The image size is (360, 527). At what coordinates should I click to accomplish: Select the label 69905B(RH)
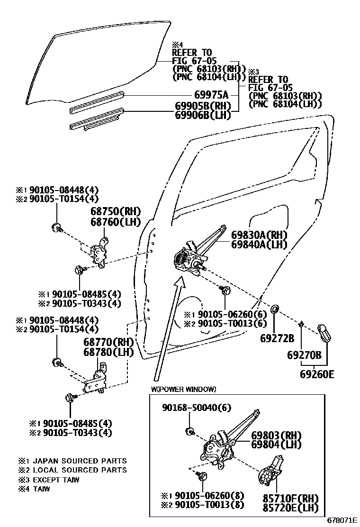202,106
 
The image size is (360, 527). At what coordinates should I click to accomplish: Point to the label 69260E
317,374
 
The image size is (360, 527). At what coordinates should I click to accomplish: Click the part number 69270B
305,354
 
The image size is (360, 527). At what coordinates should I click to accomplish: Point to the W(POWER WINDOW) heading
183,390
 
